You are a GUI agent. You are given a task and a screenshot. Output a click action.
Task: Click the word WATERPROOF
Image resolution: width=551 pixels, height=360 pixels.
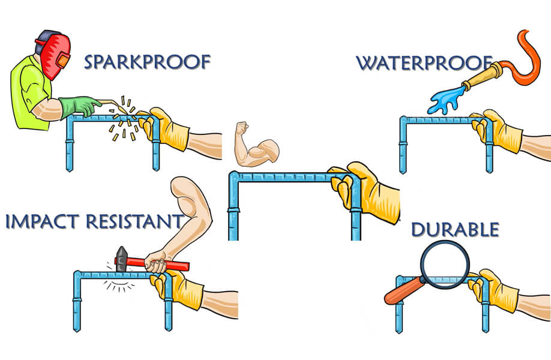[424, 62]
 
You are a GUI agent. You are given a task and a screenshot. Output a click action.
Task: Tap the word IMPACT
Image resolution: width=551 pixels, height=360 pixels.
[43, 221]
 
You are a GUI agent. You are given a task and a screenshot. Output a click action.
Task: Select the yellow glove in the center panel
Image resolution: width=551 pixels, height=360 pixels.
[366, 189]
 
